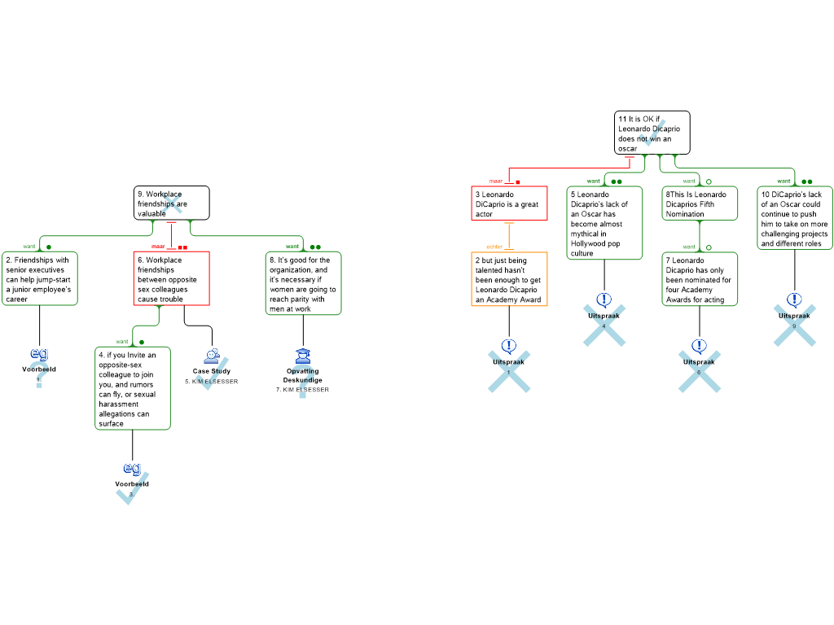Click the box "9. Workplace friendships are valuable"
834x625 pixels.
click(171, 203)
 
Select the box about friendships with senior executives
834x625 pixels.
click(39, 278)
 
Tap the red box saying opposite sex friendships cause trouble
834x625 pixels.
click(171, 278)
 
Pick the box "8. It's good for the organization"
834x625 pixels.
click(303, 283)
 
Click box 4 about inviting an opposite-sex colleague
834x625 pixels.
click(133, 388)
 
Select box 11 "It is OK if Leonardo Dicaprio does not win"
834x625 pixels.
click(652, 133)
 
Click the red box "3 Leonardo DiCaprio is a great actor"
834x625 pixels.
click(509, 203)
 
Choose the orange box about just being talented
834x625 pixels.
click(509, 279)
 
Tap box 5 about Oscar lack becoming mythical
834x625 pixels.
click(604, 224)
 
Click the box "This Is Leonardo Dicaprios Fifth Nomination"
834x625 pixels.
click(700, 203)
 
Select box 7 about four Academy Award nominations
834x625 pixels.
click(700, 279)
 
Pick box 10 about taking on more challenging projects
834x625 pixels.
click(795, 218)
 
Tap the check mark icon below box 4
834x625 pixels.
click(130, 488)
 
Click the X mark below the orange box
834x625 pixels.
click(509, 371)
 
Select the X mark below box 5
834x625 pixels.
click(604, 326)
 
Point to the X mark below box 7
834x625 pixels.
click(700, 371)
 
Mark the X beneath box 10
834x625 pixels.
click(795, 326)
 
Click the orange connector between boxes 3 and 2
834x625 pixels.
click(509, 236)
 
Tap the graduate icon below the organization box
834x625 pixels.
click(303, 356)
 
